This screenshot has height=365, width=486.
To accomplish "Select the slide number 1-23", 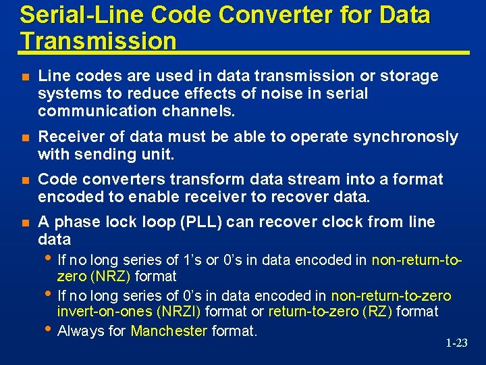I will pos(456,343).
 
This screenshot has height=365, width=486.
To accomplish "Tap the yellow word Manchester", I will pos(169,331).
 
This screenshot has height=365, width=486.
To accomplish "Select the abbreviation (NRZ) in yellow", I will pos(109,276).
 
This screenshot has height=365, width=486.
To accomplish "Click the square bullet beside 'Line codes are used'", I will pos(25,77).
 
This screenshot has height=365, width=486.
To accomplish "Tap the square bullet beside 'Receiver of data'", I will pos(25,138).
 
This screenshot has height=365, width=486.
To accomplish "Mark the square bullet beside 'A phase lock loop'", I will pos(25,223).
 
